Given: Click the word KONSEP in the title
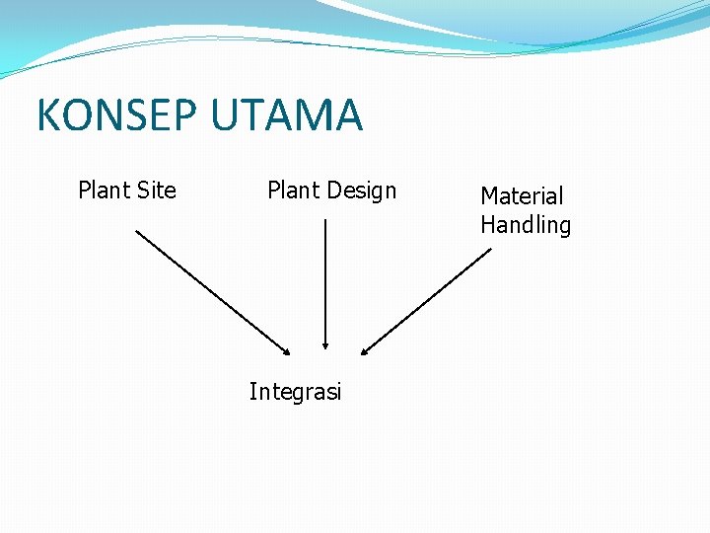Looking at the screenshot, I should tap(118, 115).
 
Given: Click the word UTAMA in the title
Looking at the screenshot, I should tap(287, 115).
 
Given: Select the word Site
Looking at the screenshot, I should tap(155, 190).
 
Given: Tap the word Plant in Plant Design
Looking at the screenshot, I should tap(293, 190).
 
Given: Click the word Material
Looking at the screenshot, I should tap(522, 196).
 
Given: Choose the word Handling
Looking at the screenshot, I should tap(526, 225).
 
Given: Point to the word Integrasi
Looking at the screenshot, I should tap(295, 392).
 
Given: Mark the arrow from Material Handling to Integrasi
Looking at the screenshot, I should tap(426, 301).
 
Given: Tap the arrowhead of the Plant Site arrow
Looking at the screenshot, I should tap(287, 350).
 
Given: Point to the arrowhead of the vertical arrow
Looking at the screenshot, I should tap(325, 346).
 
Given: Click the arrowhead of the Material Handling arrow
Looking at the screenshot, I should tap(364, 350).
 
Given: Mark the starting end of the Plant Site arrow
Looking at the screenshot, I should tap(136, 231).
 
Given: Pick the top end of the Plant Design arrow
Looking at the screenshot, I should tap(325, 220).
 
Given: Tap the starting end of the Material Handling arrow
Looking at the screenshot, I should tap(489, 249).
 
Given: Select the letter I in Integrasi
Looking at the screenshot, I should tap(252, 391).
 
